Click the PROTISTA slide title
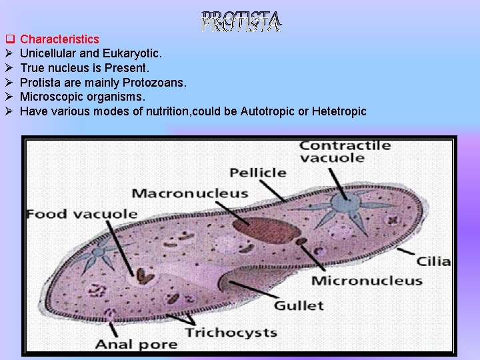[241, 22]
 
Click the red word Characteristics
[60, 39]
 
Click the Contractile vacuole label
[341, 151]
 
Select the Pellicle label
[257, 172]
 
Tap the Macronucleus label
[189, 193]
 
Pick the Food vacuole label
[81, 214]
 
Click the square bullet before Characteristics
[9, 39]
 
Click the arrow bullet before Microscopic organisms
[9, 97]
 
